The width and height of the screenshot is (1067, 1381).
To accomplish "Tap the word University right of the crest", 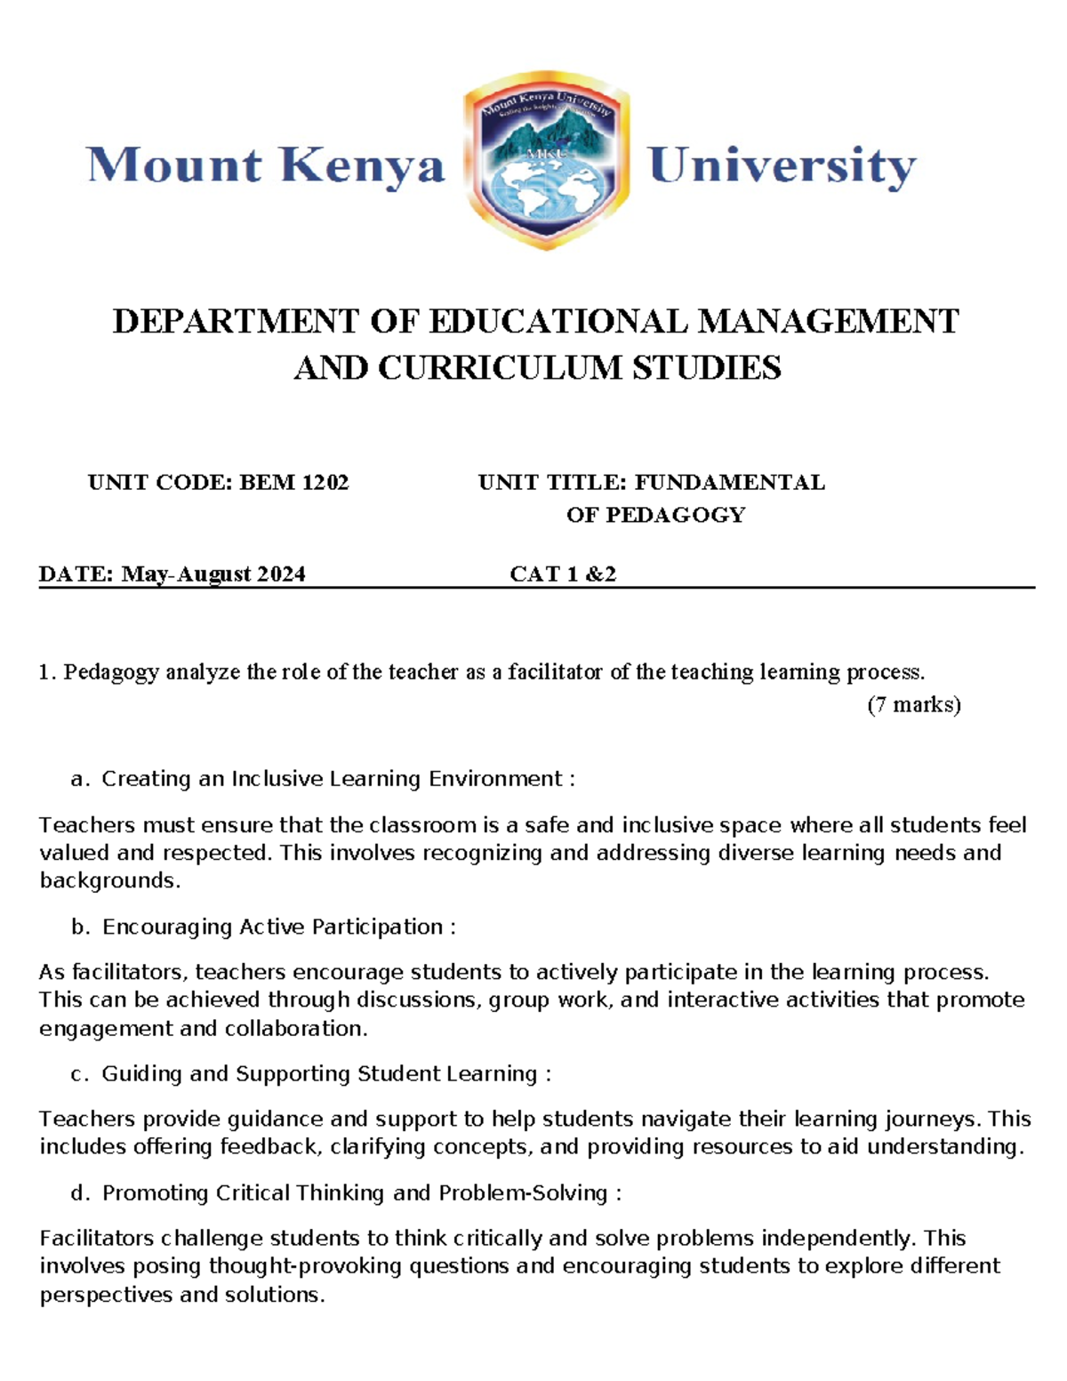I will pos(782,166).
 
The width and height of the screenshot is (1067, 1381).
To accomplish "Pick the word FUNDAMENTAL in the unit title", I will pos(729,483).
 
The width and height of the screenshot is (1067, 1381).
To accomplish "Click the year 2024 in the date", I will pos(281,574).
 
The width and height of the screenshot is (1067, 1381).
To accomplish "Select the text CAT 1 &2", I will pos(563,574).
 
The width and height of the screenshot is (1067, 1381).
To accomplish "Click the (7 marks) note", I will pos(914,705).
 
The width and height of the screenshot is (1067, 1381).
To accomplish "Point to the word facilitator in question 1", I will pos(556,672).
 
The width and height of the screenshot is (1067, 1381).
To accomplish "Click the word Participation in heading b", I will pos(377,927).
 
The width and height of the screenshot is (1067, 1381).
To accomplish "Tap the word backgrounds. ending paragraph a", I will pos(109,881).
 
